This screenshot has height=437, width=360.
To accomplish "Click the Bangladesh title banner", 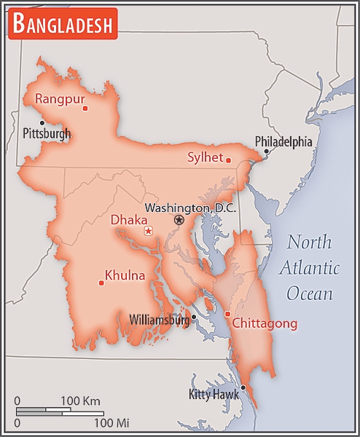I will [x=63, y=25].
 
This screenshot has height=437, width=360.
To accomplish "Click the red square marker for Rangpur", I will [x=85, y=109].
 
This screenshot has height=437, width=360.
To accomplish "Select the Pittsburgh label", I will [x=47, y=133].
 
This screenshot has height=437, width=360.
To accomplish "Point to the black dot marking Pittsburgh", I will [x=42, y=122].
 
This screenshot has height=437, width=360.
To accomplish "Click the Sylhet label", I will [x=205, y=157].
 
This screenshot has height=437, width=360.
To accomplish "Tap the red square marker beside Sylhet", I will [x=228, y=160].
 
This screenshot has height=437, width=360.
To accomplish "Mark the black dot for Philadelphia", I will [x=266, y=151].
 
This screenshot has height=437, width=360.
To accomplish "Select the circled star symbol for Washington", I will [x=179, y=219].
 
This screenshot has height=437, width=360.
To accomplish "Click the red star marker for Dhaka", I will [x=148, y=231].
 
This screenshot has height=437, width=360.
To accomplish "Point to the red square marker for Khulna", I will [x=101, y=283].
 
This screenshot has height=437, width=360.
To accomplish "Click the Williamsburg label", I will [x=158, y=319].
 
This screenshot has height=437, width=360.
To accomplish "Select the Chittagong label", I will [x=266, y=323].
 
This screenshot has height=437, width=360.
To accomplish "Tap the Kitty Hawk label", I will [x=214, y=395].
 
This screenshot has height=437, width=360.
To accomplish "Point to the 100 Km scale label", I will [x=80, y=401].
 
